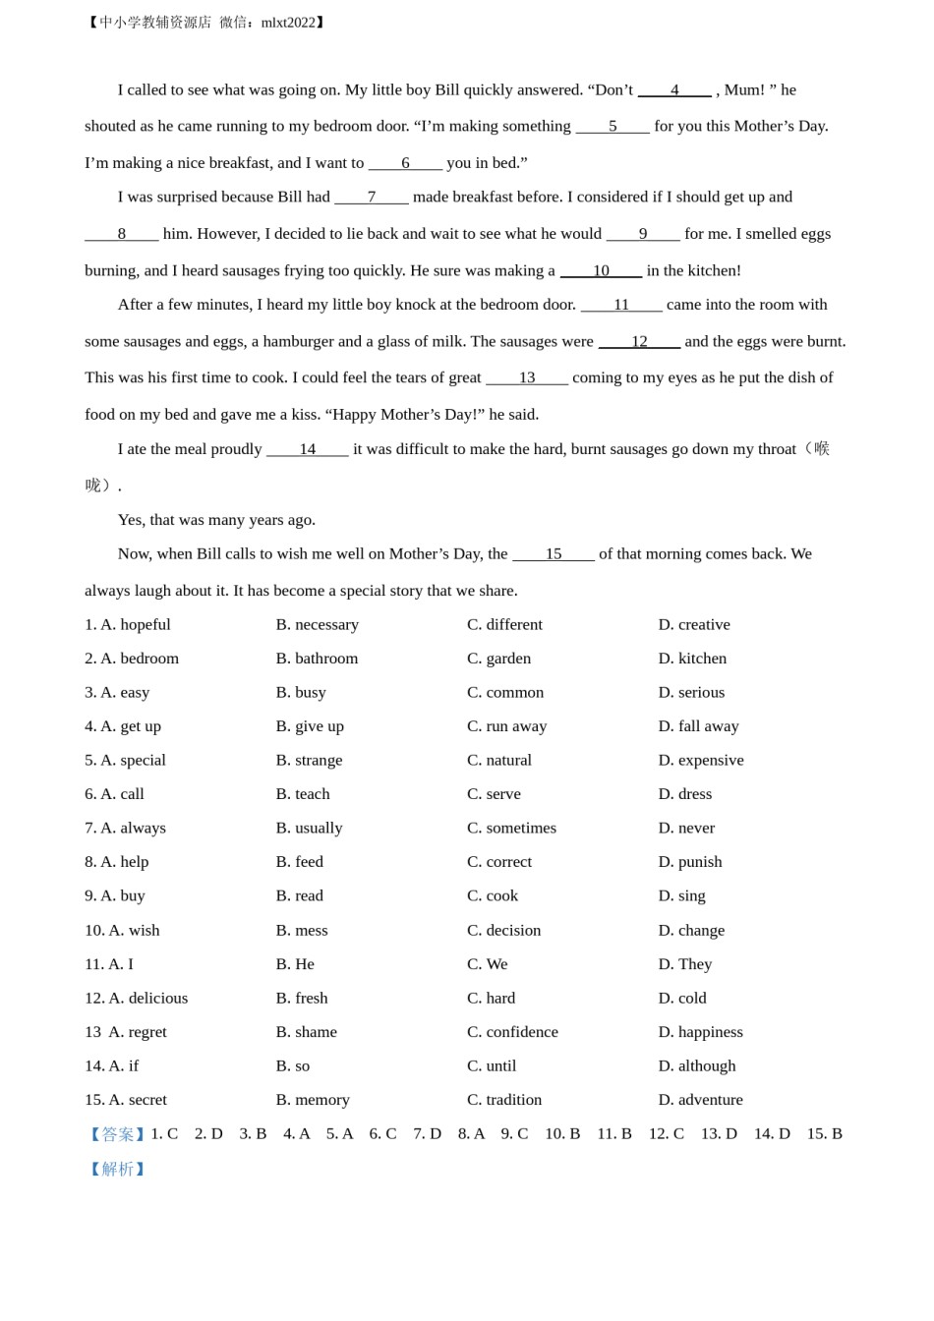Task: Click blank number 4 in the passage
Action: coord(674,90)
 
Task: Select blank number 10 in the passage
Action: coord(601,270)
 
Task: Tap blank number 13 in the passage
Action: coord(527,377)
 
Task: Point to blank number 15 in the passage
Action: coord(554,554)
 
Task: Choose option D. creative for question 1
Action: coord(694,624)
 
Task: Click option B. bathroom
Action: coord(317,659)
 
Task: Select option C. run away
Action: coord(506,726)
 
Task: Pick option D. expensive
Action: coord(701,760)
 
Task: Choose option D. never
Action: coord(686,828)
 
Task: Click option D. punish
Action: coord(690,862)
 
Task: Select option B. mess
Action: coord(302,930)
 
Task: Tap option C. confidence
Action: coord(512,1032)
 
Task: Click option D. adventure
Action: coord(700,1100)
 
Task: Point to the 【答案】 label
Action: coord(117,1134)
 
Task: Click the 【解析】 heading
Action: coord(117,1169)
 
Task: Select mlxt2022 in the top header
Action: coord(288,23)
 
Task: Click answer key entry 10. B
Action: coord(562,1134)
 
